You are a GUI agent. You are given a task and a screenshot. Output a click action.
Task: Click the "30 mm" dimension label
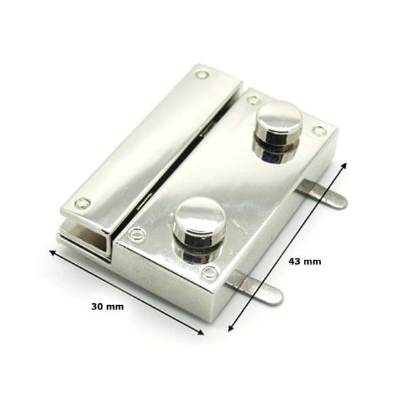(107, 307)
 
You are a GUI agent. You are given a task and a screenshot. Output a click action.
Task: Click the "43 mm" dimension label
(305, 261)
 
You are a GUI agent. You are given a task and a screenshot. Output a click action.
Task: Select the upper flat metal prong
(322, 194)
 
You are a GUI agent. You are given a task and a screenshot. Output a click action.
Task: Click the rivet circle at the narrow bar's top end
(202, 75)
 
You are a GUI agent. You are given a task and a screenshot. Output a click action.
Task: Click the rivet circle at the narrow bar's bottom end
(83, 203)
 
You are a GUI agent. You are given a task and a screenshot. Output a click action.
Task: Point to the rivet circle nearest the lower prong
(210, 273)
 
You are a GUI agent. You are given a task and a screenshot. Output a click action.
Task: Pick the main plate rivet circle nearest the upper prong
(319, 131)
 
